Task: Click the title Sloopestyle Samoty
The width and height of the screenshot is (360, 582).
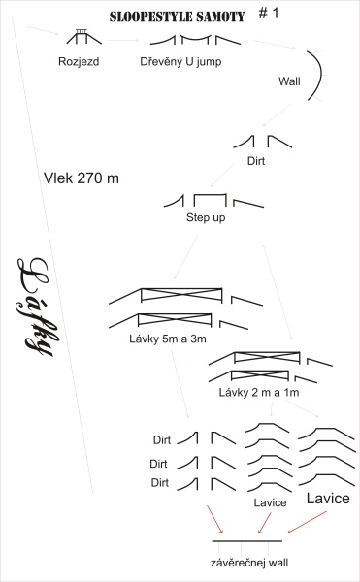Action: (177, 16)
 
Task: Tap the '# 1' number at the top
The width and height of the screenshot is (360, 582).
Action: (269, 14)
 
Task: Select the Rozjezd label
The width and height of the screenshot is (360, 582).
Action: (79, 61)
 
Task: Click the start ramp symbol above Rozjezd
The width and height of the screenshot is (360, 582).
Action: (83, 37)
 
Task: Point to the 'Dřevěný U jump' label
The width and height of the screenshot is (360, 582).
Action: (180, 61)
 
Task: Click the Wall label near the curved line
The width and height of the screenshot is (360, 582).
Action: (289, 81)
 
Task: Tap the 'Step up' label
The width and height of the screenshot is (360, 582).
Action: (206, 217)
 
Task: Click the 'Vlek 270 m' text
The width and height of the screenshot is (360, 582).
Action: (82, 178)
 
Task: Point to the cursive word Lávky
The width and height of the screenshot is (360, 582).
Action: (36, 307)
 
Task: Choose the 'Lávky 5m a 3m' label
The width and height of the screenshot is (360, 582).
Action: (168, 339)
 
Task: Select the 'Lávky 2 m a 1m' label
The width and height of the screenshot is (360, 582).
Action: (259, 392)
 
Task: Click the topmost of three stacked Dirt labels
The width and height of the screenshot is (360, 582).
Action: (162, 440)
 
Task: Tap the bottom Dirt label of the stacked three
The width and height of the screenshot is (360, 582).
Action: (160, 482)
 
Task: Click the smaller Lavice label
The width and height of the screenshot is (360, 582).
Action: (270, 502)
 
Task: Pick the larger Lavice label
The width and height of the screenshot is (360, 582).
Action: (328, 499)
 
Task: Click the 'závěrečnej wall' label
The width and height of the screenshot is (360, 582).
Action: (249, 563)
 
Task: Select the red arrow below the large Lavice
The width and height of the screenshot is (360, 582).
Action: (308, 522)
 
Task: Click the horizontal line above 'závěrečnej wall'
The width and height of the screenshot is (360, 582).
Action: (247, 541)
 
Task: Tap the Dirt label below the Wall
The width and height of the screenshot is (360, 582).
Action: (256, 161)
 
